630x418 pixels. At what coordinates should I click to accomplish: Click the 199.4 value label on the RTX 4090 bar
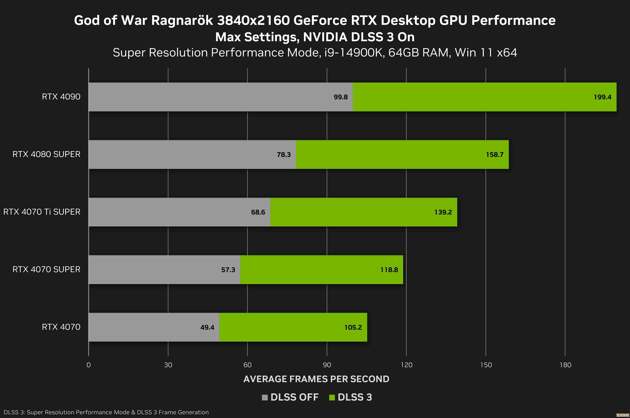pos(602,97)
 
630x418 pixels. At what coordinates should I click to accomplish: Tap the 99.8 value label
pos(341,97)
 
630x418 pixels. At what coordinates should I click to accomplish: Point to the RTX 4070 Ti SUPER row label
pos(42,212)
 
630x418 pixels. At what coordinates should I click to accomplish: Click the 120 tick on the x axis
pos(406,365)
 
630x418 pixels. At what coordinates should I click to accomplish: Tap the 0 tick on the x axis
pos(89,365)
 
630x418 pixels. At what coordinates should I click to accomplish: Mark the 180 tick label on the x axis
pos(565,365)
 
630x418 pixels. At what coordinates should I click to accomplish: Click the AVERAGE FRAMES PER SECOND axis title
pos(316,379)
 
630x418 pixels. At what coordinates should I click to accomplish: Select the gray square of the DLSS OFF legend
pos(265,397)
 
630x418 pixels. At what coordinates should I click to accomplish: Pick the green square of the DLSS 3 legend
pos(332,397)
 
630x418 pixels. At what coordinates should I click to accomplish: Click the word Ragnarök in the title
pos(182,21)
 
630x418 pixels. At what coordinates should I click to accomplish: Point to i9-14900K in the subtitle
pos(354,53)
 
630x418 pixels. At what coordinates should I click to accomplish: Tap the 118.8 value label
pos(389,270)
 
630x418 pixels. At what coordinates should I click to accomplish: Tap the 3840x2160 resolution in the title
pos(253,21)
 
